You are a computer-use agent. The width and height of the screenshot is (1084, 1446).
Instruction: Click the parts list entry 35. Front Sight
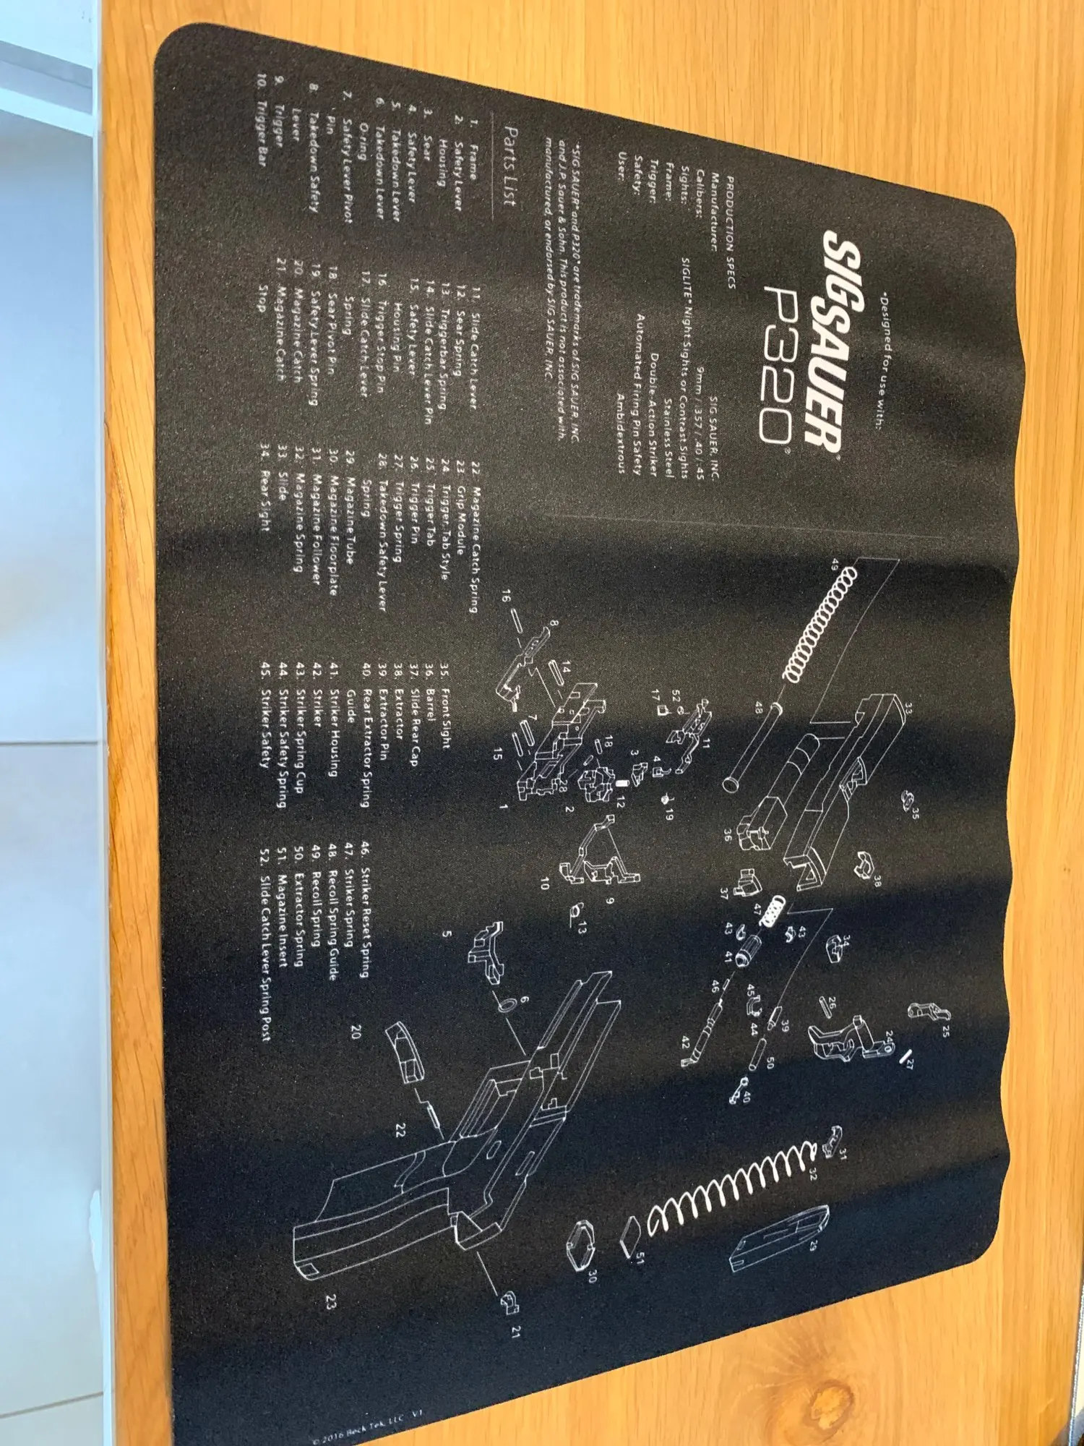[444, 711]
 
